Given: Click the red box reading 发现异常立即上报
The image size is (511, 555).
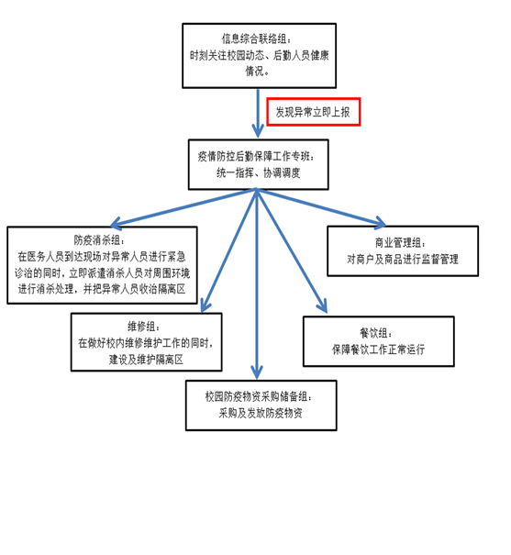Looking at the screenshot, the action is tap(313, 112).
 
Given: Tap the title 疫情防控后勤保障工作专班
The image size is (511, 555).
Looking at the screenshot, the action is tap(255, 156).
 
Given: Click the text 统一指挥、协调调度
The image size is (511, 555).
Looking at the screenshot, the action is tap(259, 172).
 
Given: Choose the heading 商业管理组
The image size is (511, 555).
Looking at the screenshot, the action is tap(400, 243).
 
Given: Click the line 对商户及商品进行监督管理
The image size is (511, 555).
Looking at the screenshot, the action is tap(403, 259).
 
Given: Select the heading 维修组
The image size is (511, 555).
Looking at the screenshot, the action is tap(144, 327).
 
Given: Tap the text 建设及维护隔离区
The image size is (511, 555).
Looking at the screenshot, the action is tap(146, 360).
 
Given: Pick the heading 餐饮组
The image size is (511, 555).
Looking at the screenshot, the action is tap(376, 333).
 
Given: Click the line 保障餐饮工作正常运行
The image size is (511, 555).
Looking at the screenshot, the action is tap(378, 350).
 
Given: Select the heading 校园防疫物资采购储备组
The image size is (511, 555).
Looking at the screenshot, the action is tap(259, 396).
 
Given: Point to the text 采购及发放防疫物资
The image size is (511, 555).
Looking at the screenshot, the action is tap(261, 413).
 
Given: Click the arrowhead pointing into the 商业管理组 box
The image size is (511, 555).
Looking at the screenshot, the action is tap(381, 223).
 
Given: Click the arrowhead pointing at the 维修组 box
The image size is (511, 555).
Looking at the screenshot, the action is tap(206, 306).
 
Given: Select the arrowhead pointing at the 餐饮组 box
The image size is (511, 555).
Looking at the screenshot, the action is tap(322, 306).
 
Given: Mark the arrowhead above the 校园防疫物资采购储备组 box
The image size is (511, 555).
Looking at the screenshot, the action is tap(257, 372).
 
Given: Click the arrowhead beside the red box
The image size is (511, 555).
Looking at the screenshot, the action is tap(258, 131).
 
